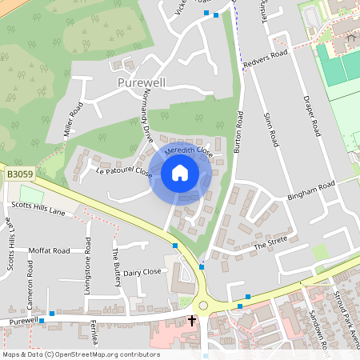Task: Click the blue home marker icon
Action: [180, 173]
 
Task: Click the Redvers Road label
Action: [266, 59]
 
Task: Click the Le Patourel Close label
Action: [123, 171]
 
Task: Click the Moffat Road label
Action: [49, 250]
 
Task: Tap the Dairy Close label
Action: [142, 272]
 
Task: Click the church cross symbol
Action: [192, 321]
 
